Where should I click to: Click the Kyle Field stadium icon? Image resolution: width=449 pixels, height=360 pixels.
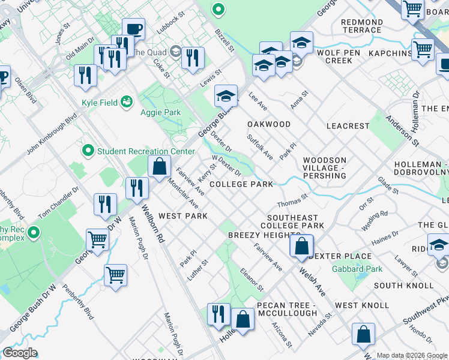[127, 103]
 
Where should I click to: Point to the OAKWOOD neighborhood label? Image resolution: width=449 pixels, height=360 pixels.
[269, 124]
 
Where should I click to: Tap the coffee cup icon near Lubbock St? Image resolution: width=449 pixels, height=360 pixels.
[133, 29]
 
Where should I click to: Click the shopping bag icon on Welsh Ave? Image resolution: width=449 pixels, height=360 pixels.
[301, 246]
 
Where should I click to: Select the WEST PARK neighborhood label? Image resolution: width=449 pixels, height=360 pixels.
[183, 215]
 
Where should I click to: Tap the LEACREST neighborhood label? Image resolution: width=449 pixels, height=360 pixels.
[347, 126]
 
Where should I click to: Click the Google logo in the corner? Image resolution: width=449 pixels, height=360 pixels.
[19, 353]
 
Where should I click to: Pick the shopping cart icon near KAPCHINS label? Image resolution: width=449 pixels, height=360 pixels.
[423, 49]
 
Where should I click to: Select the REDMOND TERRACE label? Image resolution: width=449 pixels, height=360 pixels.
[361, 26]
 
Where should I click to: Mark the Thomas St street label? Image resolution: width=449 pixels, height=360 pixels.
[292, 199]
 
